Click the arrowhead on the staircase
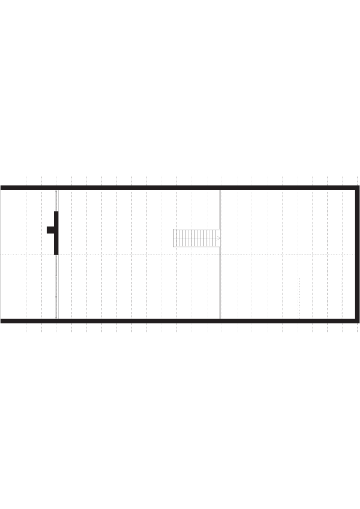click(x=219, y=238)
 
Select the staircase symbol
click(x=196, y=238)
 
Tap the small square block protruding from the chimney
click(x=50, y=230)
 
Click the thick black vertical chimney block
click(x=56, y=233)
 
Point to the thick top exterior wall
click(x=179, y=187)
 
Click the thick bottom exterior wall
click(x=179, y=321)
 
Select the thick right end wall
click(x=357, y=254)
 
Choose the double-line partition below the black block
click(x=56, y=287)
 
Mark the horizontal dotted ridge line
click(x=134, y=254)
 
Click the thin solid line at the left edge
click(x=1, y=254)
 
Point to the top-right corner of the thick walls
click(x=357, y=187)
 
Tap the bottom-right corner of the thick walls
click(x=357, y=321)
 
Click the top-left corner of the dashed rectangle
click(x=299, y=278)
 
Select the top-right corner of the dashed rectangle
click(x=342, y=278)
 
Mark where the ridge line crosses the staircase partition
click(x=220, y=254)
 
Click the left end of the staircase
click(x=174, y=238)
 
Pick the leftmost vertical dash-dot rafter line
click(x=11, y=254)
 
